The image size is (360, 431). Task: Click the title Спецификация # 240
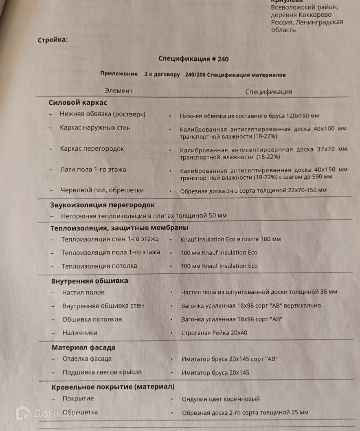[193, 59]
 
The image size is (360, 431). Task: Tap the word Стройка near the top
[53, 40]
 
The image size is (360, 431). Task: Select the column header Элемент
[119, 91]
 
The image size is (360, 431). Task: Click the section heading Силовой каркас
[78, 103]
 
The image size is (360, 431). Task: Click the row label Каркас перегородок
[92, 149]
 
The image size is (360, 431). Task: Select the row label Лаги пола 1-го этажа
[93, 169]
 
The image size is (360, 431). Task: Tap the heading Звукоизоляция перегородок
[102, 205]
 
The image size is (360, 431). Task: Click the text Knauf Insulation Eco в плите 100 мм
[230, 239]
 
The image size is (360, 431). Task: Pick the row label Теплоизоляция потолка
[99, 266]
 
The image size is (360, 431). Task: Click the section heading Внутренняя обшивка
[90, 281]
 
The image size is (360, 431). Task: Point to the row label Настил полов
[83, 292]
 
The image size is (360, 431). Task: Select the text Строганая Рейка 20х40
[214, 333]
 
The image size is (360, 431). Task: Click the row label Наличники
[80, 333]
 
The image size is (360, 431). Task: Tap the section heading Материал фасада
[83, 347]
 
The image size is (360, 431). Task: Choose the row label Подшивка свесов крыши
[102, 372]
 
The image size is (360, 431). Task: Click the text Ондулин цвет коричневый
[221, 399]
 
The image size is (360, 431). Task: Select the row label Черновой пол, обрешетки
[102, 190]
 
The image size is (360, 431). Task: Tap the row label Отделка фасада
[87, 359]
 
